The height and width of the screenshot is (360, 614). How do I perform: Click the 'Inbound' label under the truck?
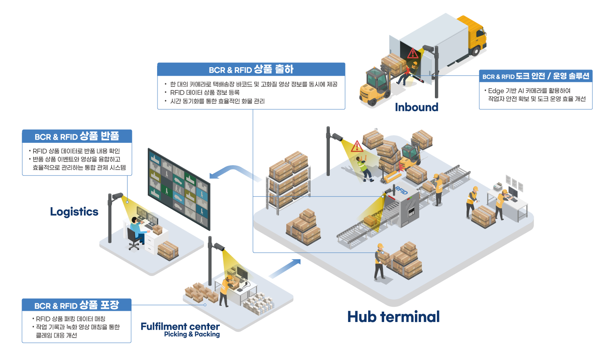pyautogui.click(x=417, y=107)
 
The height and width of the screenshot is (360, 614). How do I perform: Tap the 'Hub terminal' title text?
pyautogui.click(x=394, y=317)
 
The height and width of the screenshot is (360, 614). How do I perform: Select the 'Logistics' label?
pyautogui.click(x=74, y=212)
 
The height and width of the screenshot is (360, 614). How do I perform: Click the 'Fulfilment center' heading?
pyautogui.click(x=180, y=326)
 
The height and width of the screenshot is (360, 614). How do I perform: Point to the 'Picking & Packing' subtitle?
pyautogui.click(x=192, y=334)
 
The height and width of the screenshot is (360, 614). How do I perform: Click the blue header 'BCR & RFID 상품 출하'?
pyautogui.click(x=251, y=70)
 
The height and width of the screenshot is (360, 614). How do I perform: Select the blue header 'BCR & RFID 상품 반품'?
pyautogui.click(x=77, y=136)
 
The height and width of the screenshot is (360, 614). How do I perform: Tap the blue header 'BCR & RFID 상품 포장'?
pyautogui.click(x=77, y=305)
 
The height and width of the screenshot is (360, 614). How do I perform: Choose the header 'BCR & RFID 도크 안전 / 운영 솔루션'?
pyautogui.click(x=536, y=76)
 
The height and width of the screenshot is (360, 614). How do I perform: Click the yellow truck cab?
pyautogui.click(x=474, y=34)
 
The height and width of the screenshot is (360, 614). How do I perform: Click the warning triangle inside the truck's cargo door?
pyautogui.click(x=413, y=54)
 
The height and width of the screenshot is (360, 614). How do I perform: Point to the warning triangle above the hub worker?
pyautogui.click(x=357, y=146)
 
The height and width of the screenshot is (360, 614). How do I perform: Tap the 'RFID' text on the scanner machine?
pyautogui.click(x=402, y=190)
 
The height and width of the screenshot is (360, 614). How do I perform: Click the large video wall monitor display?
pyautogui.click(x=179, y=189)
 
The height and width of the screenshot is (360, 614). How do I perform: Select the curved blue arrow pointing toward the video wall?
pyautogui.click(x=235, y=172)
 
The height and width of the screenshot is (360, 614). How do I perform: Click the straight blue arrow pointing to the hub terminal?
pyautogui.click(x=285, y=268)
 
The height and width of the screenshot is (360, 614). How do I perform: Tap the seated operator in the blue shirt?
pyautogui.click(x=138, y=230)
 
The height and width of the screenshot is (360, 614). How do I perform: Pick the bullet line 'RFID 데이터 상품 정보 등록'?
pyautogui.click(x=205, y=92)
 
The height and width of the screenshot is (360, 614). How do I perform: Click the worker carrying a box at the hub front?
pyautogui.click(x=381, y=261)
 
